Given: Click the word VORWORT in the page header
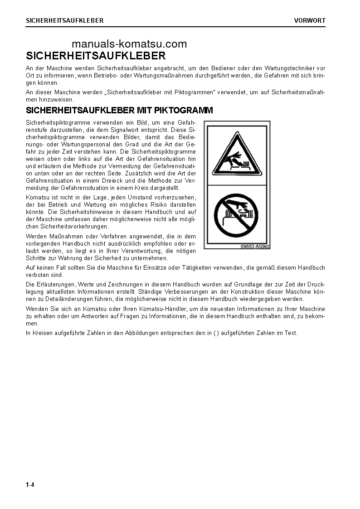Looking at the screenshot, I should click(x=310, y=20).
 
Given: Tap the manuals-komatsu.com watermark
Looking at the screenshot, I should click(x=129, y=44).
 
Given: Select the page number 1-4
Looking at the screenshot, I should click(x=30, y=485).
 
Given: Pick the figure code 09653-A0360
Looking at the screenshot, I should click(x=255, y=247).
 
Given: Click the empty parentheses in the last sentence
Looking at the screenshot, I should click(x=216, y=333).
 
